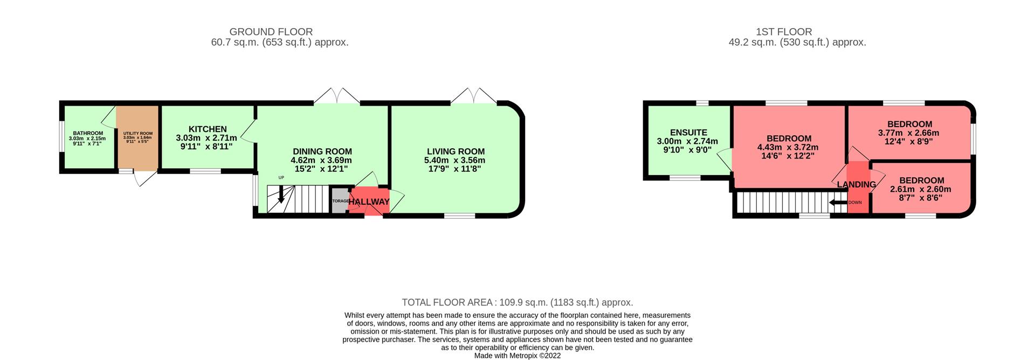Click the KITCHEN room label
pyautogui.click(x=208, y=129)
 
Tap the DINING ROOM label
pyautogui.click(x=322, y=152)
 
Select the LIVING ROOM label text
pyautogui.click(x=456, y=152)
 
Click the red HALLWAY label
pyautogui.click(x=369, y=202)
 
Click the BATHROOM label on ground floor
pyautogui.click(x=88, y=133)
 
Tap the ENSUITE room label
pyautogui.click(x=688, y=133)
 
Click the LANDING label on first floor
pyautogui.click(x=856, y=185)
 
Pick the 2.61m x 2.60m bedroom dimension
pyautogui.click(x=921, y=189)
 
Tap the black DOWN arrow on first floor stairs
pyautogui.click(x=838, y=203)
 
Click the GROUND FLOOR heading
pyautogui.click(x=271, y=32)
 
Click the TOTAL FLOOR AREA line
pyautogui.click(x=517, y=302)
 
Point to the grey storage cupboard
pyautogui.click(x=340, y=200)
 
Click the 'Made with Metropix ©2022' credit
pyautogui.click(x=517, y=356)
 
